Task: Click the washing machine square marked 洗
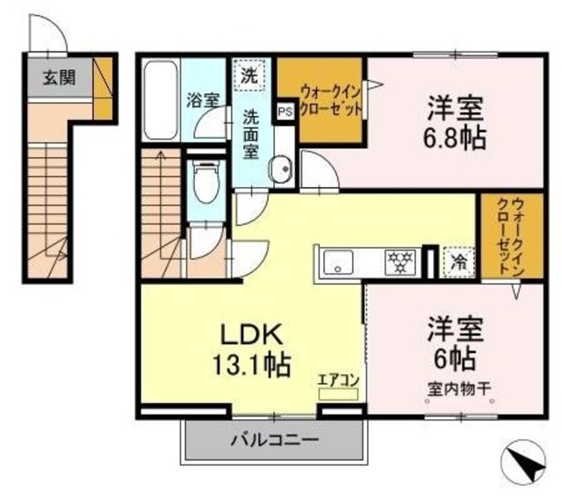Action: [250, 76]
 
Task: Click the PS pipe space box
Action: [285, 112]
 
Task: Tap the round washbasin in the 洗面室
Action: [281, 170]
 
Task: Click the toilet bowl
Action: [205, 184]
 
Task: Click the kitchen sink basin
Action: [339, 262]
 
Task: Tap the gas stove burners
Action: [400, 261]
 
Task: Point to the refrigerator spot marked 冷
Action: [457, 261]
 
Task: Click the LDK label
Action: [249, 335]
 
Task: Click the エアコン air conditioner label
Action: [338, 380]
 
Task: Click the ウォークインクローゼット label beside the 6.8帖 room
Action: [331, 97]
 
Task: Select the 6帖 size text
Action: [452, 357]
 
